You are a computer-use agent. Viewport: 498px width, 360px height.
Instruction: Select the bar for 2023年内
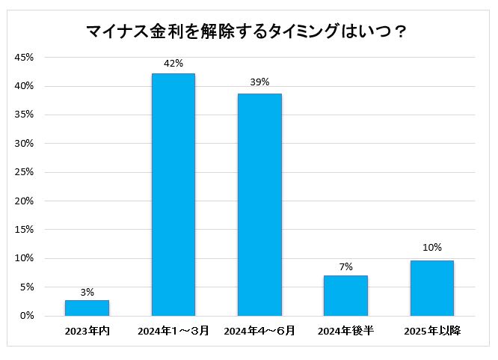[x=87, y=308]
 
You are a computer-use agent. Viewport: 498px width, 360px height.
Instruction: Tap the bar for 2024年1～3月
[x=173, y=195]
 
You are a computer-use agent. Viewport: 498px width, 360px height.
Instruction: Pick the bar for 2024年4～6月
[x=259, y=204]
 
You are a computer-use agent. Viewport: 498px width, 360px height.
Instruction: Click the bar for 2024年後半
[x=345, y=296]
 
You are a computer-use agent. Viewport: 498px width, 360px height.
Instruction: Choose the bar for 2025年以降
[x=431, y=288]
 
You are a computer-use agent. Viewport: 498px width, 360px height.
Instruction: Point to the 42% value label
[x=173, y=63]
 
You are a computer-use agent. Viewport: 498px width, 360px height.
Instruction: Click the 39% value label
[x=259, y=82]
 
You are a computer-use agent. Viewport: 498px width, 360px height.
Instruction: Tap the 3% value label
[x=87, y=292]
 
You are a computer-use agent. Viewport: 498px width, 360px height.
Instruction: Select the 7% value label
[x=345, y=267]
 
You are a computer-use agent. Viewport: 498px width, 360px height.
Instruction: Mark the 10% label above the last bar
[x=431, y=248]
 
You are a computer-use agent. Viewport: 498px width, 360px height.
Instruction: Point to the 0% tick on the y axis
[x=27, y=316]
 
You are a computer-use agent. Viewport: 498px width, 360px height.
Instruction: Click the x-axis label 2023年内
[x=87, y=331]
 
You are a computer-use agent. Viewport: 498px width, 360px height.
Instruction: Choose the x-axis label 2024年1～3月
[x=173, y=331]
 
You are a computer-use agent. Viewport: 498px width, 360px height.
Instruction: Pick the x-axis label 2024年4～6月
[x=259, y=331]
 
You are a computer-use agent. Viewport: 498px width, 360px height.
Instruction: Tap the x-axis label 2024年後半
[x=345, y=331]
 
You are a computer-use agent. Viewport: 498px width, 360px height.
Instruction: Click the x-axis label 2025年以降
[x=431, y=331]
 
